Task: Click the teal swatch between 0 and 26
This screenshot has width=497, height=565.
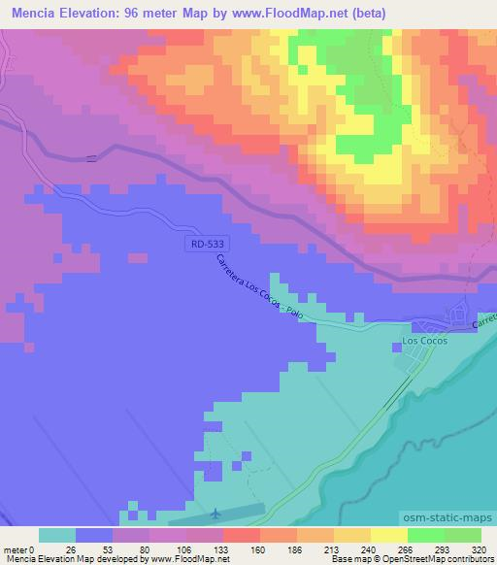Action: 57,535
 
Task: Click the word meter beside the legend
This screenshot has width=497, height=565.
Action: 15,549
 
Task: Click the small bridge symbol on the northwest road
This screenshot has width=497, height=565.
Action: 91,158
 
